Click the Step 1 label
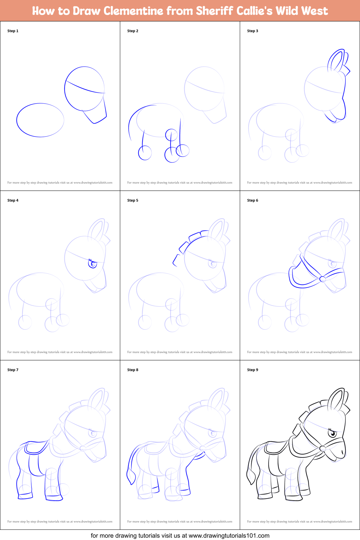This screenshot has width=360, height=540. tap(13, 31)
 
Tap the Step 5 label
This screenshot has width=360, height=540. tap(133, 200)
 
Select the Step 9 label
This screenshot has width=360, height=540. tap(253, 370)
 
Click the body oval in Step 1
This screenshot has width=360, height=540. tap(40, 120)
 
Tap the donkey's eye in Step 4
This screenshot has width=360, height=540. tap(92, 263)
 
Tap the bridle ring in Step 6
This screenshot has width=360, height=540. tap(323, 279)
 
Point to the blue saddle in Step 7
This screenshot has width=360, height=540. tap(36, 448)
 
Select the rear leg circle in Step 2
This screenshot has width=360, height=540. tap(145, 152)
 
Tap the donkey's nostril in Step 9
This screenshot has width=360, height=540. tap(342, 453)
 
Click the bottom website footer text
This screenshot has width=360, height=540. tap(180, 536)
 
